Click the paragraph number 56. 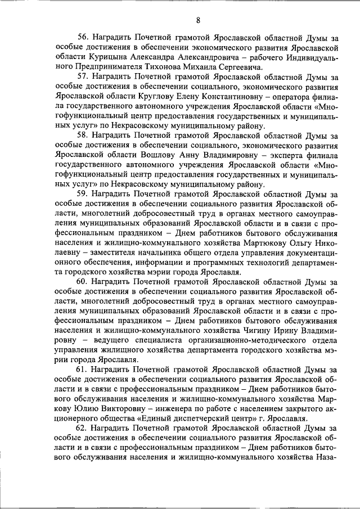point(83,37)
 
